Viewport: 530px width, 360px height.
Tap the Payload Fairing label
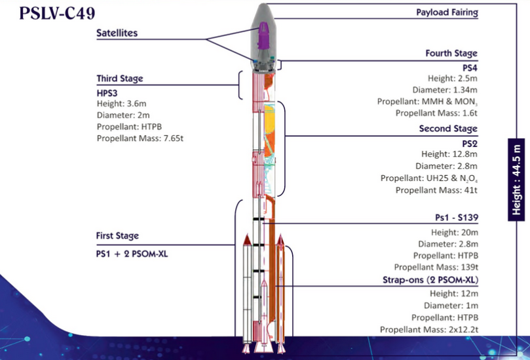pos(447,12)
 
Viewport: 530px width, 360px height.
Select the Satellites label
pos(126,33)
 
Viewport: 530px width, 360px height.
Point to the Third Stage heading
pos(119,79)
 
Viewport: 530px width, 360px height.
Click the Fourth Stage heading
pos(451,53)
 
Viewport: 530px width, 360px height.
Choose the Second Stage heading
pos(448,129)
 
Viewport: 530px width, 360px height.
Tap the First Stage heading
pos(117,236)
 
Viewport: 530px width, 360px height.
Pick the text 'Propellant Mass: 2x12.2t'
pos(428,330)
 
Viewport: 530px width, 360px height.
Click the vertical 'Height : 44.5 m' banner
pos(518,179)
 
